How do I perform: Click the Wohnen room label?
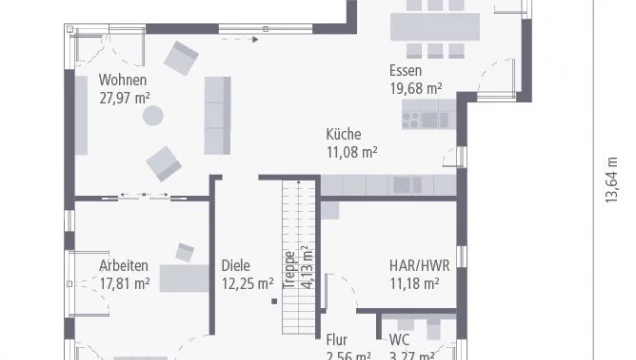pyautogui.click(x=123, y=80)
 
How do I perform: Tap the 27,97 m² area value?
pyautogui.click(x=124, y=97)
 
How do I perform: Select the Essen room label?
pyautogui.click(x=406, y=71)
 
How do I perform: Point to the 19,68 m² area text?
pyautogui.click(x=415, y=88)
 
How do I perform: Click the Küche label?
pyautogui.click(x=343, y=134)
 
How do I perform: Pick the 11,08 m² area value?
pyautogui.click(x=351, y=152)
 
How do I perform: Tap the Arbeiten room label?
pyautogui.click(x=124, y=265)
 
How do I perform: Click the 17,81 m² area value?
pyautogui.click(x=124, y=283)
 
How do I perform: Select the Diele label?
pyautogui.click(x=237, y=265)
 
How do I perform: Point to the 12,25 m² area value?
pyautogui.click(x=246, y=283)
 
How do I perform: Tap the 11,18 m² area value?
pyautogui.click(x=414, y=283)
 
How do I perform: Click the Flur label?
pyautogui.click(x=336, y=339)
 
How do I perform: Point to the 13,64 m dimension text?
pyautogui.click(x=609, y=180)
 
